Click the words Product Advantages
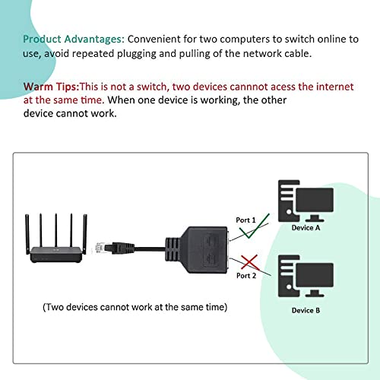click(x=74, y=39)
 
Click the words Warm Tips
click(x=50, y=86)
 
